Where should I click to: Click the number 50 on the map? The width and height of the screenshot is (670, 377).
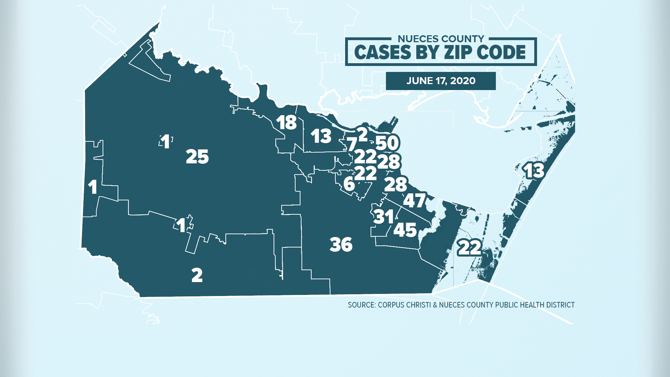387,143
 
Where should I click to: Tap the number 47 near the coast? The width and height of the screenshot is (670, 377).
415,200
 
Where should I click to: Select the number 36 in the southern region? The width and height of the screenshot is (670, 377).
341,244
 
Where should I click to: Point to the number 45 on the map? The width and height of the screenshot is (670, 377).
405,230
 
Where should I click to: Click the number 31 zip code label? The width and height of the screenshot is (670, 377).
384,217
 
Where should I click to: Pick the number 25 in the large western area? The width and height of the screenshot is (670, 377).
197,156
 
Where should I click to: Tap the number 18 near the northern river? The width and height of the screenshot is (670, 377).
286,123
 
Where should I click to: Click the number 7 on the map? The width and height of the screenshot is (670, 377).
352,144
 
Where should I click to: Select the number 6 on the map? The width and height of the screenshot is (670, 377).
349,184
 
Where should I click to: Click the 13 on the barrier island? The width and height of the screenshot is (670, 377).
534,171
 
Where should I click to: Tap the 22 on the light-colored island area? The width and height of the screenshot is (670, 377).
469,248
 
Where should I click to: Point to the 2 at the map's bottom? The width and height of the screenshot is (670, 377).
197,275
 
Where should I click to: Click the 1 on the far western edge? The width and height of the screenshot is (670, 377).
92,187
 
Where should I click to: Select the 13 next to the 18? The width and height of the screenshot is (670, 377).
321,136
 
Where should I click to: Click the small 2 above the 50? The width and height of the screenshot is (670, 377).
363,134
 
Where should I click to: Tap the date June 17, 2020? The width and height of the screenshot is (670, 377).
441,81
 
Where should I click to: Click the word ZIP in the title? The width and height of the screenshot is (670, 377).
454,52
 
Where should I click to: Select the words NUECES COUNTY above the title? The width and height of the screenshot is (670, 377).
441,39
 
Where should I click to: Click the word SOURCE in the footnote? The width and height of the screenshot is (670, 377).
361,305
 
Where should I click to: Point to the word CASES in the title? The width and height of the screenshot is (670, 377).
382,52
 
